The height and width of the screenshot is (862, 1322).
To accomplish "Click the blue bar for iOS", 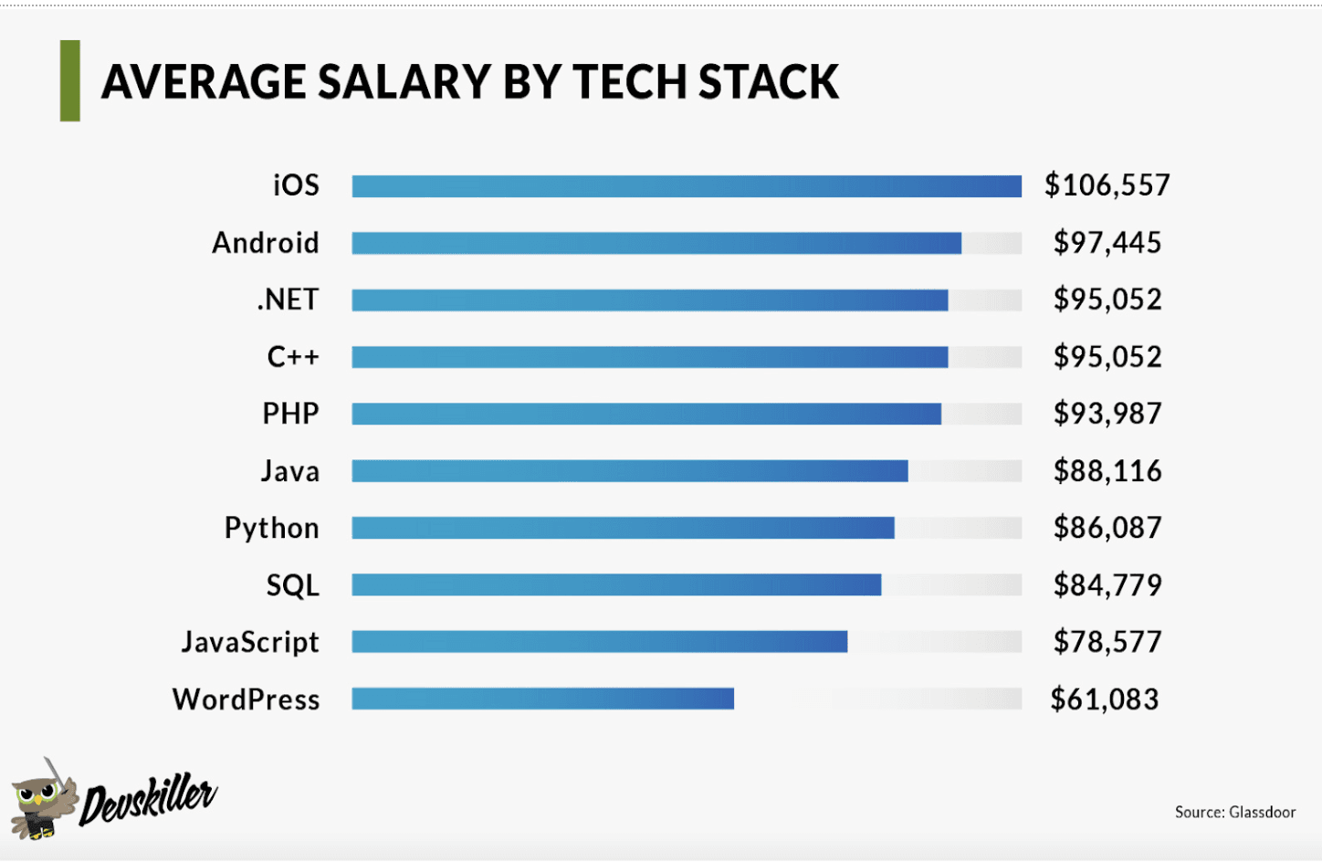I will (x=687, y=186).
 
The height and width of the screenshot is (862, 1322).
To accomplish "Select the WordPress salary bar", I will (x=542, y=699).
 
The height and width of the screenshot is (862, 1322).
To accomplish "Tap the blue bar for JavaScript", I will (x=599, y=642).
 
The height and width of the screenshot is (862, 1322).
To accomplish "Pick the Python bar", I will (x=623, y=528).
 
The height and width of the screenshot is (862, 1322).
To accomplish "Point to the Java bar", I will (x=630, y=471).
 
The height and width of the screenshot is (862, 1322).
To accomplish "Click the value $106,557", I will (x=1107, y=185).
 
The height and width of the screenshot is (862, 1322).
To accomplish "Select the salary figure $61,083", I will (x=1104, y=699).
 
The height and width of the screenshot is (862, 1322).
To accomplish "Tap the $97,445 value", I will (x=1107, y=243).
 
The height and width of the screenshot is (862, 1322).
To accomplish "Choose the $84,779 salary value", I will (x=1107, y=585).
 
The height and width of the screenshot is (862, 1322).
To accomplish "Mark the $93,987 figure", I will (x=1107, y=414).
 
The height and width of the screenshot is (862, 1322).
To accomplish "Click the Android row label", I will (x=266, y=243).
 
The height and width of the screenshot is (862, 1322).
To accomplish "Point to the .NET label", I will (x=288, y=300).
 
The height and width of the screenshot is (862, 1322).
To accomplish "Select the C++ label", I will (x=293, y=356).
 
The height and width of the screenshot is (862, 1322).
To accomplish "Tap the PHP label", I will (x=290, y=414).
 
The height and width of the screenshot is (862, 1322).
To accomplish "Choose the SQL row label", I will (x=292, y=585).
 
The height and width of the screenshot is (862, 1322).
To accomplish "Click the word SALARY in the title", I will (x=404, y=82).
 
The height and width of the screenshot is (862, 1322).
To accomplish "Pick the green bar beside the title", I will (x=70, y=81).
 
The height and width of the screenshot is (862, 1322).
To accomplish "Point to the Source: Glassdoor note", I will (x=1234, y=812).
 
